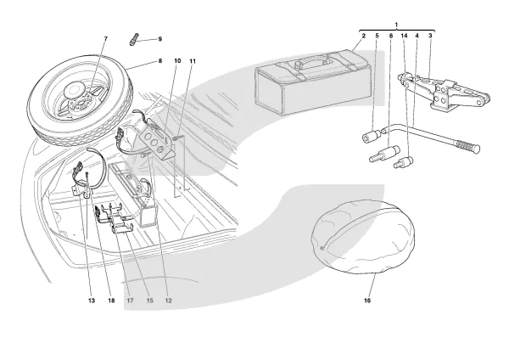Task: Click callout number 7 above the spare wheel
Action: (x=105, y=39)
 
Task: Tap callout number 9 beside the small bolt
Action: (x=159, y=39)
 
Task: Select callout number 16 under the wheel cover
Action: (x=367, y=300)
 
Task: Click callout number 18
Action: (x=111, y=300)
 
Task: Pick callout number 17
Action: (x=131, y=300)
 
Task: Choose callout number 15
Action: (x=148, y=300)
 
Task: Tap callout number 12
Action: (x=168, y=300)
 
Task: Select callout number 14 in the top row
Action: (x=404, y=37)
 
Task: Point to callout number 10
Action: (x=177, y=61)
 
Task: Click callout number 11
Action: (x=193, y=61)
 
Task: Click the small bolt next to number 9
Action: (x=134, y=39)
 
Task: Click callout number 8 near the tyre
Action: (x=158, y=61)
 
